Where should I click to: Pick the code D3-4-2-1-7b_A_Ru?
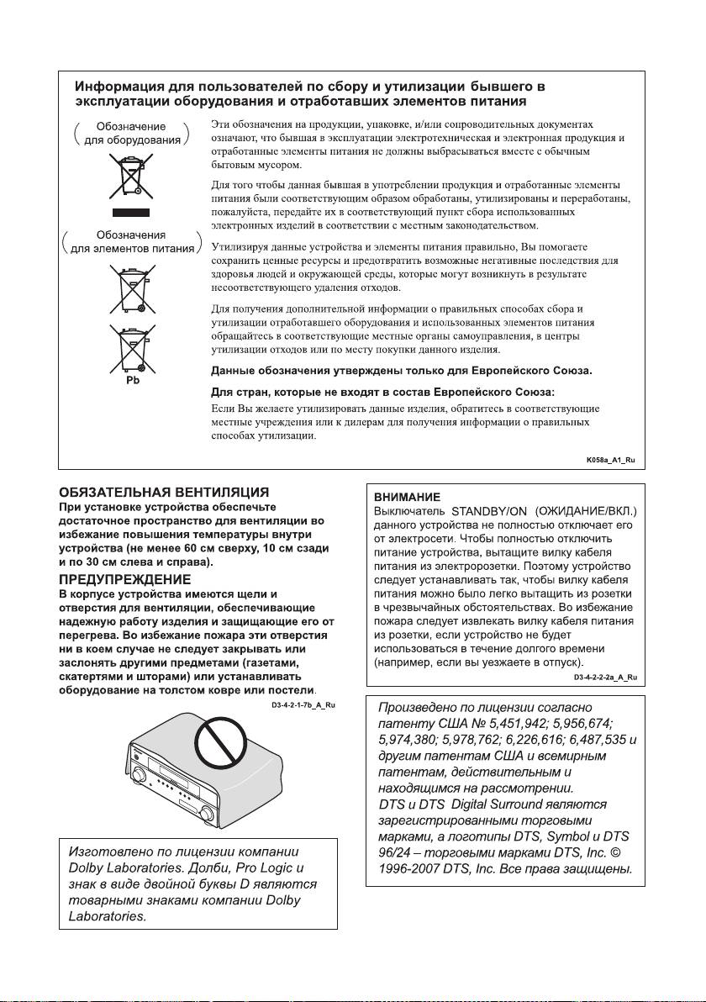(303, 705)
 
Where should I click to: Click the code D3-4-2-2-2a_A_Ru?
(605, 677)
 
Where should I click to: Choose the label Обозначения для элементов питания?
(129, 241)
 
